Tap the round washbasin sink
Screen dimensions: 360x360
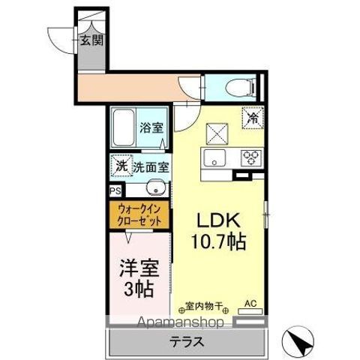point(155,189)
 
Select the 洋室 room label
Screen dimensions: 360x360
point(139,268)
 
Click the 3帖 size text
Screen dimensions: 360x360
point(139,289)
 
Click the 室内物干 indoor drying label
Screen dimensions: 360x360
point(205,304)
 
